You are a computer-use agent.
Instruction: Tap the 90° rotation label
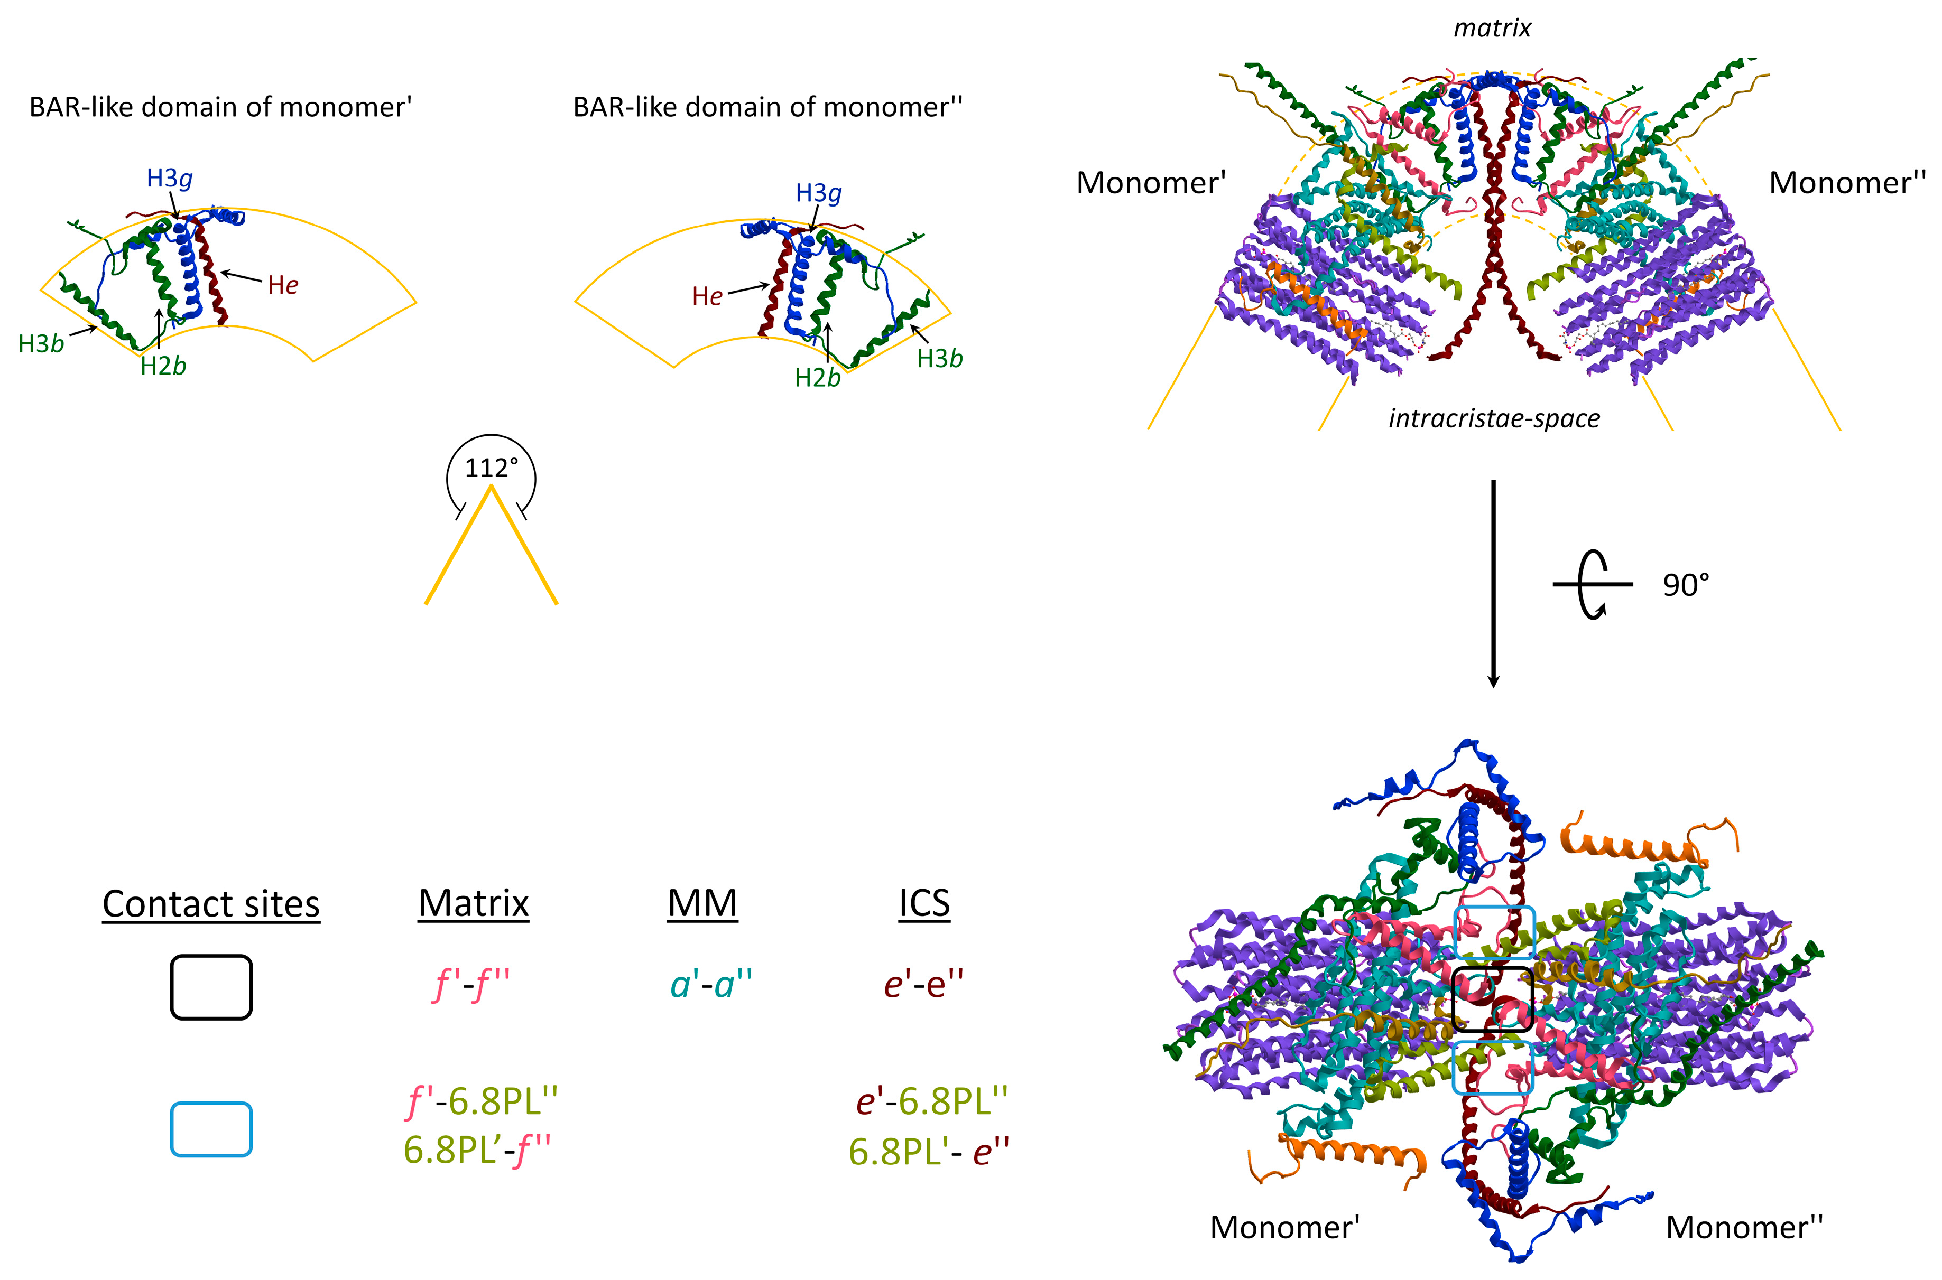pyautogui.click(x=1686, y=585)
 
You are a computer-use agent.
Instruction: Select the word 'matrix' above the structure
pyautogui.click(x=1492, y=29)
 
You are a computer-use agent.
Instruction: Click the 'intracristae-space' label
pyautogui.click(x=1494, y=419)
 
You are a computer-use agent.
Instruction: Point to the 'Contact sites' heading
pyautogui.click(x=211, y=904)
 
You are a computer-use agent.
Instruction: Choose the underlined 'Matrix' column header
pyautogui.click(x=474, y=904)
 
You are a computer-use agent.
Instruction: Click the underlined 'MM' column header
pyautogui.click(x=702, y=904)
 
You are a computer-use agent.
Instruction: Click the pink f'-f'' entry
pyautogui.click(x=471, y=985)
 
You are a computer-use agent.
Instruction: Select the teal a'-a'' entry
pyautogui.click(x=710, y=985)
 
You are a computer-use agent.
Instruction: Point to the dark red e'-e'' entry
pyautogui.click(x=923, y=985)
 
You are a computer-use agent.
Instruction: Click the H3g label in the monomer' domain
pyautogui.click(x=169, y=178)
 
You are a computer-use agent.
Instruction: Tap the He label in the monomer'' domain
pyautogui.click(x=707, y=296)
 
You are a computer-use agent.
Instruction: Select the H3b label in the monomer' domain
pyautogui.click(x=41, y=344)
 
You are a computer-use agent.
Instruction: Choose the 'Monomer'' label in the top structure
pyautogui.click(x=1151, y=183)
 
